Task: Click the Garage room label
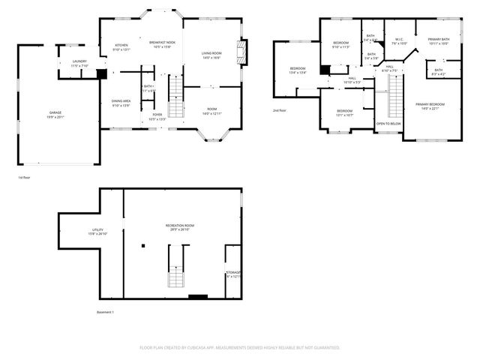click(55, 112)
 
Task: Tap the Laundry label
click(79, 64)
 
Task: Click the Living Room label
click(211, 55)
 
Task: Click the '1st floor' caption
click(25, 178)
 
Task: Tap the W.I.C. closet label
click(399, 41)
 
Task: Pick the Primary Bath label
click(439, 41)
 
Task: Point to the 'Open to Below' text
click(388, 123)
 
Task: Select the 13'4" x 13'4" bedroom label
click(298, 70)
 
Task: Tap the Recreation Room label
click(180, 227)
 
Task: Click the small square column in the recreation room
click(142, 245)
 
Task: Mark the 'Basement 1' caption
click(106, 312)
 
